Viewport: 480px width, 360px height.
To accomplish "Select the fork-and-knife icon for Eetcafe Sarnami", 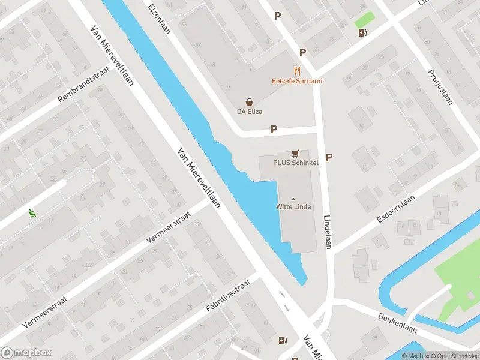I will (x=296, y=71).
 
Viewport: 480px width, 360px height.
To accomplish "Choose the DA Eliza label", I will (x=250, y=112).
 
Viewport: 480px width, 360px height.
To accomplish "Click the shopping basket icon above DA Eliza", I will (x=249, y=103).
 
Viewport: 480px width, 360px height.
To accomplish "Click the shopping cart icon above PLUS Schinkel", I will (x=295, y=154).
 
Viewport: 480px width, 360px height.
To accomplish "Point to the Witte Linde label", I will (x=293, y=208).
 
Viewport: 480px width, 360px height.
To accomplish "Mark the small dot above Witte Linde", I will (x=293, y=199).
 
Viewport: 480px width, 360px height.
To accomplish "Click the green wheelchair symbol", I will (x=31, y=212).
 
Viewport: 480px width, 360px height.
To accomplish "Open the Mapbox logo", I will (x=26, y=353).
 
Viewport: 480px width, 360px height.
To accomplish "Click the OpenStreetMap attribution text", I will (x=450, y=356).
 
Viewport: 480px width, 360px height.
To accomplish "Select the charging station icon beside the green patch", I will (x=362, y=32).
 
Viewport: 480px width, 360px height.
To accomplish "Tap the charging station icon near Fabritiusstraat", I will (x=283, y=341).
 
